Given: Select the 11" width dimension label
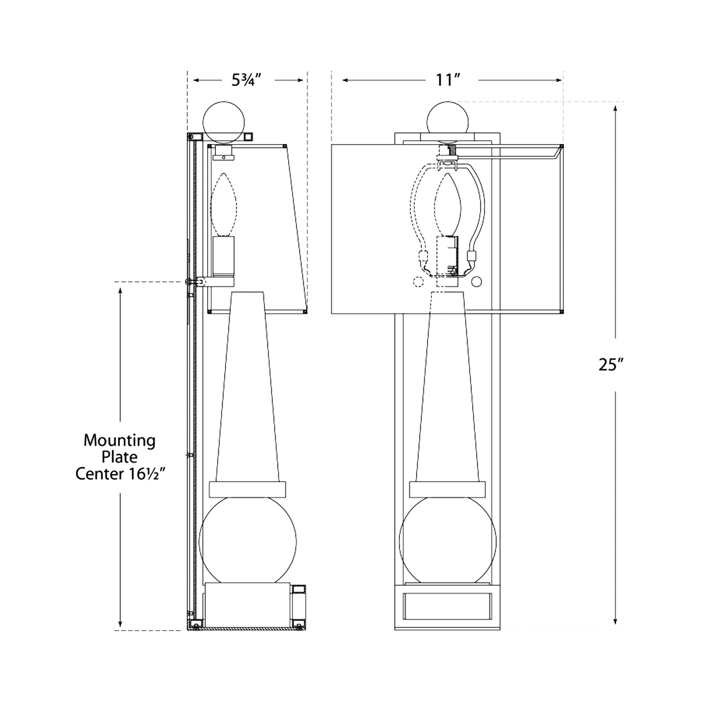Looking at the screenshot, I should pos(447,79).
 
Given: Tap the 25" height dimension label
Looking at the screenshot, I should pos(610,365).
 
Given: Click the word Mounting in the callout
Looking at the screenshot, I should pos(119,441).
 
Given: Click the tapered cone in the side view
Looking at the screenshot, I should pos(247,388).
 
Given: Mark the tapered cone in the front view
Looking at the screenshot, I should pos(447,388).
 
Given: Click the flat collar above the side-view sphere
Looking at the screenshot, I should pos(247,489).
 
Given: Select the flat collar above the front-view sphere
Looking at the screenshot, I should pos(447,489).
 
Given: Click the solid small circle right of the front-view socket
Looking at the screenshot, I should pos(476,282).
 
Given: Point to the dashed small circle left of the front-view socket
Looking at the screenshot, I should pos(417,282).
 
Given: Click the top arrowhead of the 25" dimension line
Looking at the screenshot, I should pos(615,108).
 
